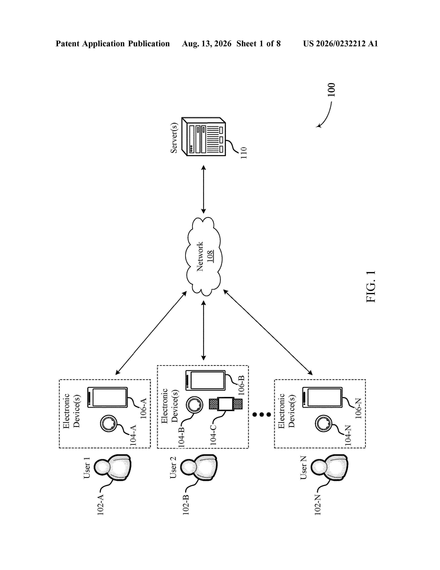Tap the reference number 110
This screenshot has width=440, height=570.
(243, 153)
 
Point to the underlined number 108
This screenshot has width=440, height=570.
(210, 256)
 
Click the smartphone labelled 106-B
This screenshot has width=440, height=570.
(205, 381)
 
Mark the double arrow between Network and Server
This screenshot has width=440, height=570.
(204, 189)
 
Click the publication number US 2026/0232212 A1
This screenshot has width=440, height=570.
(340, 44)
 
